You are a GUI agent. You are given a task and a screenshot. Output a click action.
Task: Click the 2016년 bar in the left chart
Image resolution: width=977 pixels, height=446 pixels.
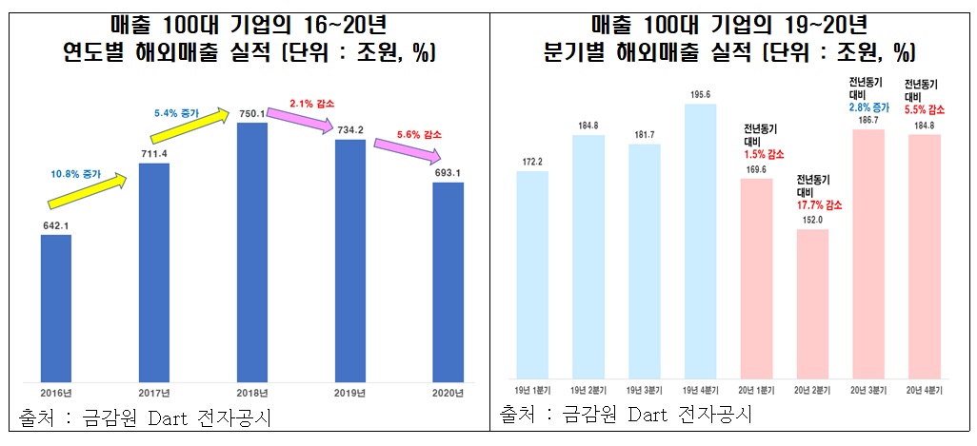pos(56,308)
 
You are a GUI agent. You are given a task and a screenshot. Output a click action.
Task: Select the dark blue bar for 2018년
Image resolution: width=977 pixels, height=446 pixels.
pos(251,252)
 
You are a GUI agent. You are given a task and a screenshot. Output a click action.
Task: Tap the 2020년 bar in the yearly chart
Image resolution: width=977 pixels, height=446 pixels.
pos(448,281)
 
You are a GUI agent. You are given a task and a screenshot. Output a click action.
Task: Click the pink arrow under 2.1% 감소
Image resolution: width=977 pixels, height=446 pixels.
pos(300,121)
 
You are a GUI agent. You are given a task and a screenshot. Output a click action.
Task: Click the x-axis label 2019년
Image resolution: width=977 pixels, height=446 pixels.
pos(349,393)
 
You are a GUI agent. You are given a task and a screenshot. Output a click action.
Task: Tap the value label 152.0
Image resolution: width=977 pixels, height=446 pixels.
pos(812,219)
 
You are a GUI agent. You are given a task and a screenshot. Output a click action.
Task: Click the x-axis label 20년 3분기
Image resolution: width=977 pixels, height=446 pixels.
pos(868,393)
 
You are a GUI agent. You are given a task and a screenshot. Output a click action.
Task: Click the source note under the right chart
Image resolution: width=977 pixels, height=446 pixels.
pos(626,415)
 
